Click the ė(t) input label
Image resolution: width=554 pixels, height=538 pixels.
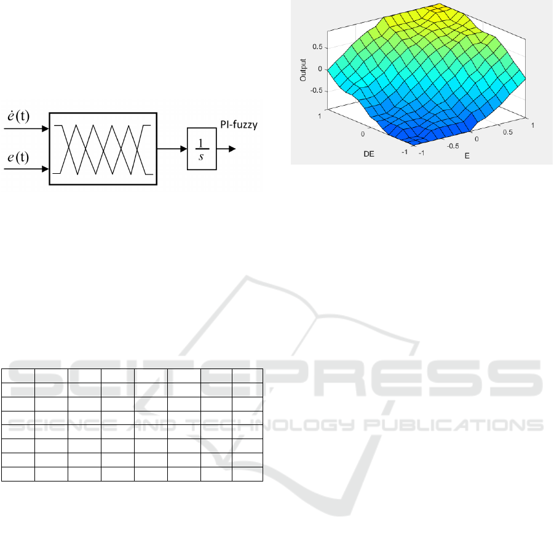click(x=18, y=116)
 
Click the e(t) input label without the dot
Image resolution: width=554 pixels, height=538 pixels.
click(x=18, y=157)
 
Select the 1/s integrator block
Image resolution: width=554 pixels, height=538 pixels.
click(x=202, y=149)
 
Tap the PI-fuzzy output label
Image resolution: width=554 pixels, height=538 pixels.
click(x=239, y=125)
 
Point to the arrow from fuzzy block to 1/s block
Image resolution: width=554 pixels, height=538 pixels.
click(x=172, y=149)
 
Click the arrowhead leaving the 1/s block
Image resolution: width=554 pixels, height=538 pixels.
click(x=232, y=149)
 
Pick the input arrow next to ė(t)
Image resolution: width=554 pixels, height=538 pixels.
click(x=26, y=128)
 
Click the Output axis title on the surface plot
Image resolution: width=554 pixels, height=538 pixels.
click(x=303, y=70)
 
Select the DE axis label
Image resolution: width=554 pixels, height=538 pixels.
click(x=369, y=154)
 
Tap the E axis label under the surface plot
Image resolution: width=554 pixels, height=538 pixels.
click(x=467, y=155)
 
